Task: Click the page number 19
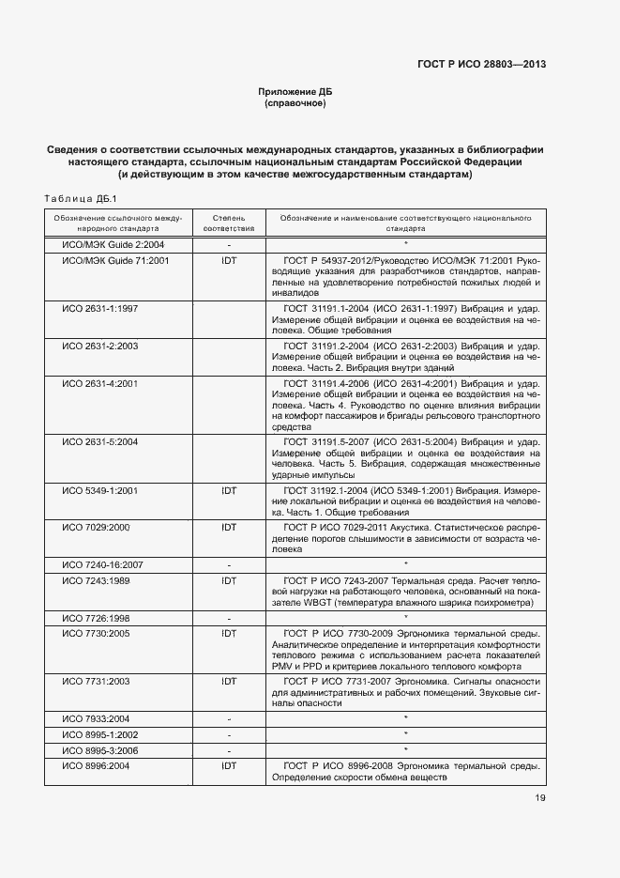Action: coord(541,798)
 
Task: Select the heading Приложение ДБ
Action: coord(295,91)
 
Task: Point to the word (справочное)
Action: coord(295,103)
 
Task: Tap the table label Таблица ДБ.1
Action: coord(79,198)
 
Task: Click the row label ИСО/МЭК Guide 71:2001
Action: coord(115,260)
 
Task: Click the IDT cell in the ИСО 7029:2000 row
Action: coord(228,528)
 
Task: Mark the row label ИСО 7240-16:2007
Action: coord(103,563)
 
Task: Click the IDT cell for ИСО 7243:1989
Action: coord(228,580)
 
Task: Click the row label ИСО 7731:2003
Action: coord(96,680)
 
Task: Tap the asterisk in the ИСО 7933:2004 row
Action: coord(405,717)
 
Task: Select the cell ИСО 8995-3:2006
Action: coord(100,750)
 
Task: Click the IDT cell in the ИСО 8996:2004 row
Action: coord(228,766)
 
